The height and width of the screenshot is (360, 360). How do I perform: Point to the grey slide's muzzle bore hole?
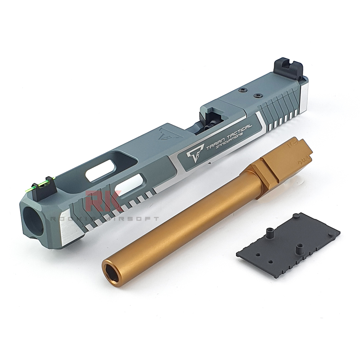(33, 221)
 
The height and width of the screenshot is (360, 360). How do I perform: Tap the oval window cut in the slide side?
(130, 186)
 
